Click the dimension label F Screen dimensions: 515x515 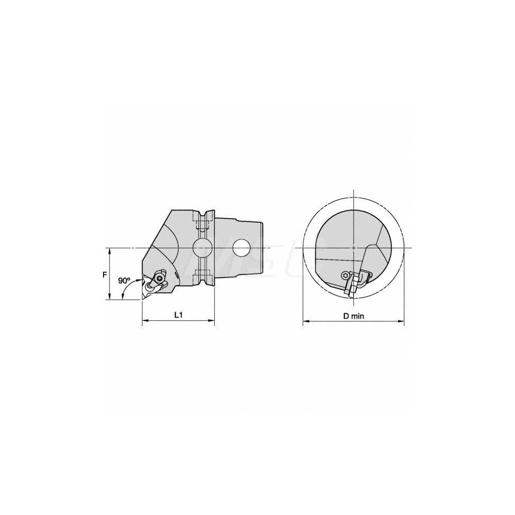point(105,274)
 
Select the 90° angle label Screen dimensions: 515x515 point(124,281)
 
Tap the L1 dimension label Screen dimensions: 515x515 point(177,315)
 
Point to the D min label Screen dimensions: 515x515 point(354,316)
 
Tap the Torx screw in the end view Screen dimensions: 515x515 point(345,277)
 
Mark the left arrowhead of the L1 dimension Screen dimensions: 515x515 point(145,321)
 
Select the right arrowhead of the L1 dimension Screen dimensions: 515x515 point(211,321)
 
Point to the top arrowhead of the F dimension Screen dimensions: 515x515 point(110,251)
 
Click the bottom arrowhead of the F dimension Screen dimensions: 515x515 point(110,297)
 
